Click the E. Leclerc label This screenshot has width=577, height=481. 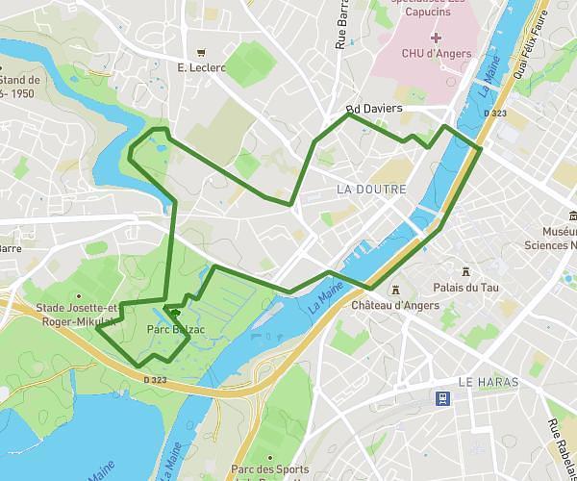coord(201,67)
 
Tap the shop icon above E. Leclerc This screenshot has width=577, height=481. coord(201,52)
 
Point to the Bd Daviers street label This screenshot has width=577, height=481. coord(373,110)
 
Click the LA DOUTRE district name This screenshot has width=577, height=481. coord(372,190)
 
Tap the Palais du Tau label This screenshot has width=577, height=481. coord(465,287)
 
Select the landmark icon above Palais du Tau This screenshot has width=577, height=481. coord(465,271)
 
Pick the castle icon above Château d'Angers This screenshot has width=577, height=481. coord(394,290)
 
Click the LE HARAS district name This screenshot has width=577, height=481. coord(488,382)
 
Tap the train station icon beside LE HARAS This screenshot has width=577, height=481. coord(441,397)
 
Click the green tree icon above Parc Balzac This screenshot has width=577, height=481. coord(173,312)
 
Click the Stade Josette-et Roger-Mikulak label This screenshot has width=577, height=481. coord(76,316)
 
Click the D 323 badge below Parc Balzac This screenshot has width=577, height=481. coord(155,380)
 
